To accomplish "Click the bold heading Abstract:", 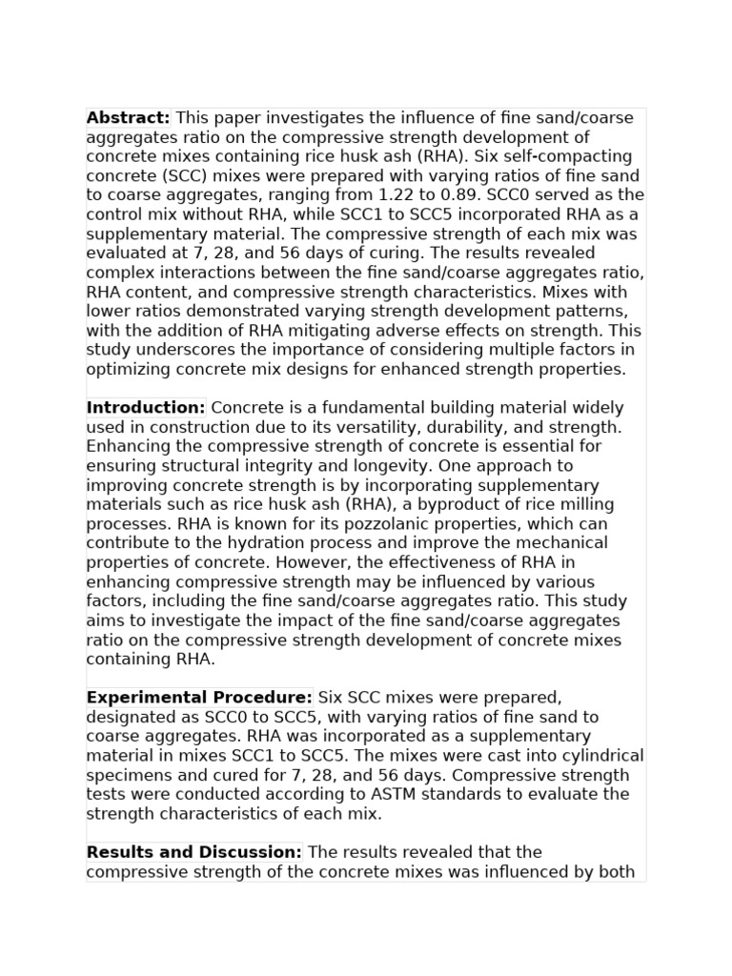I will pyautogui.click(x=128, y=118).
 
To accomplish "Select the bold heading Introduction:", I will pyautogui.click(x=146, y=408).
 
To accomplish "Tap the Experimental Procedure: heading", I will pyautogui.click(x=199, y=698).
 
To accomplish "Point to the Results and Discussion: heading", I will pyautogui.click(x=194, y=852).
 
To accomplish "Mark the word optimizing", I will pyautogui.click(x=130, y=370).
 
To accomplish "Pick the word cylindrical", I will pyautogui.click(x=597, y=756).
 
